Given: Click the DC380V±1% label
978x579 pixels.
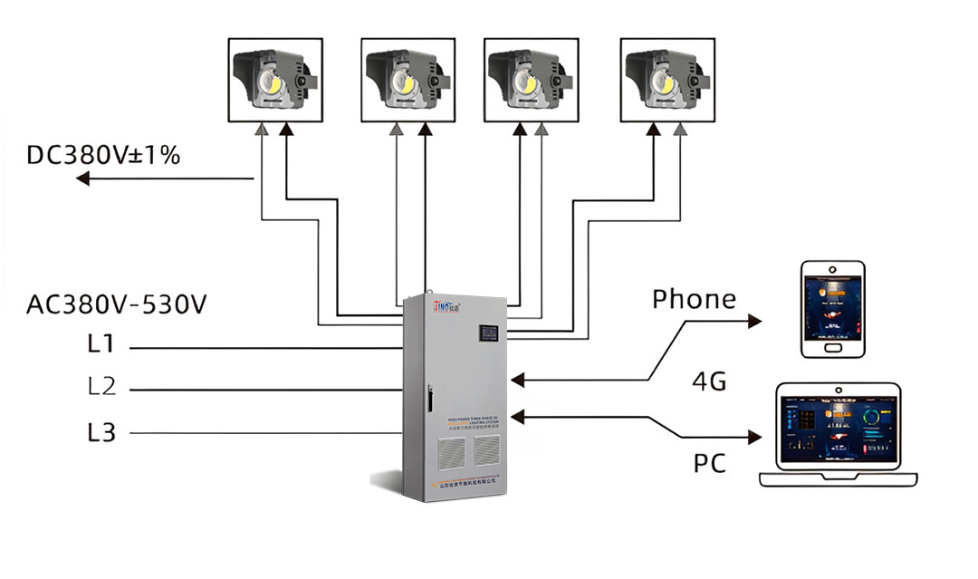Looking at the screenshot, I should coord(103,155).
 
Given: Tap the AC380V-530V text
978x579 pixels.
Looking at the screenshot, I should coord(117,304).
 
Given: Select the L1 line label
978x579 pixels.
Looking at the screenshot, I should coord(101,346).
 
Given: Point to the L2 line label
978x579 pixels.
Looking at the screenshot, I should coord(101,388).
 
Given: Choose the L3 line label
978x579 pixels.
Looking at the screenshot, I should coord(101,432).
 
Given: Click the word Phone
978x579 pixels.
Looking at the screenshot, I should coord(694,299).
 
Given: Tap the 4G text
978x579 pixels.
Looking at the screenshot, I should coord(709,381).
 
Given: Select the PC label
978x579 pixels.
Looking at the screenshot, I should coord(710,463).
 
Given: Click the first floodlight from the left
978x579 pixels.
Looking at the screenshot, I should coord(275,80).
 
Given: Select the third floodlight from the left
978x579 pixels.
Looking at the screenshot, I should coord(531,80).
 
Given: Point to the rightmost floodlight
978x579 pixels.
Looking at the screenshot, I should coord(667,80).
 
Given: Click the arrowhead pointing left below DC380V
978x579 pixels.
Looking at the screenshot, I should coord(82,179).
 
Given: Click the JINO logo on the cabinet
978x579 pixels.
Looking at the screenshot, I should coord(446,305).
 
